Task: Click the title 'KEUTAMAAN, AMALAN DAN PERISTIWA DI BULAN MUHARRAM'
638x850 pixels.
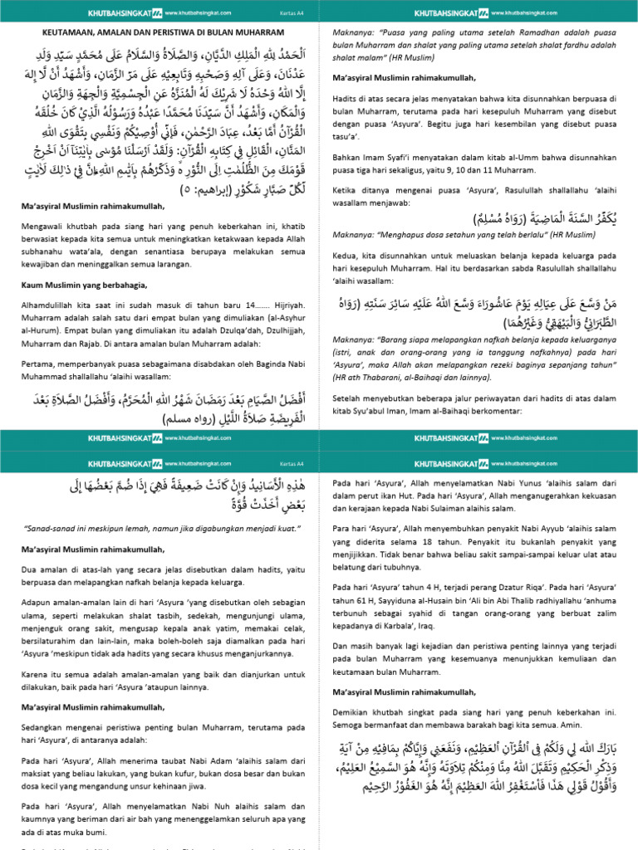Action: click(x=159, y=33)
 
